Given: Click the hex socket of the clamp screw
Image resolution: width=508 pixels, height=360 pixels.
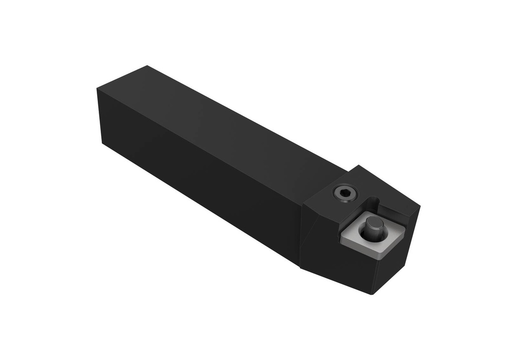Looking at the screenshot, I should (343, 192).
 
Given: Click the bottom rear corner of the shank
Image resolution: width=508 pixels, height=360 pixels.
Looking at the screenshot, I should (102, 144).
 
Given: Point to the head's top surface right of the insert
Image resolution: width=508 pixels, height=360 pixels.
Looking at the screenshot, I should (397, 203).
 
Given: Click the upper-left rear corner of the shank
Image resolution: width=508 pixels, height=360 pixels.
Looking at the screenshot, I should (97, 88).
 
